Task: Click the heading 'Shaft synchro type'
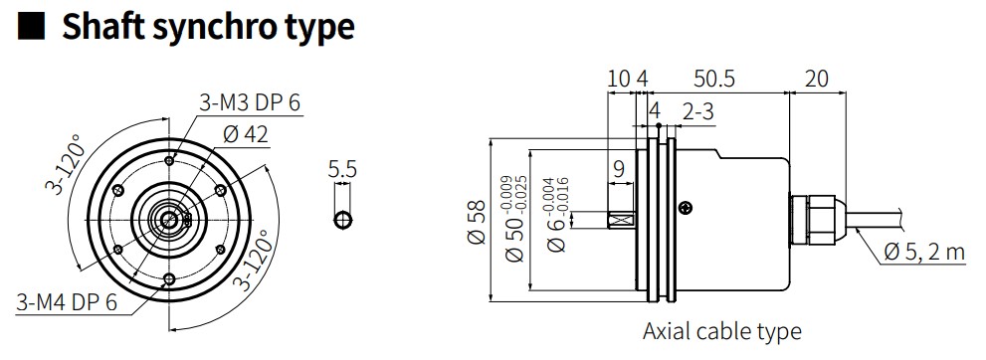tap(208, 27)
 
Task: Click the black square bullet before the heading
tap(31, 28)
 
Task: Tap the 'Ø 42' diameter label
tap(245, 134)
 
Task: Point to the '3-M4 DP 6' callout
tap(68, 302)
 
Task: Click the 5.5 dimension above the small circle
tap(342, 169)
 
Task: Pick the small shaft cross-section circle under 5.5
tap(342, 221)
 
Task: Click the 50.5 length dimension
tap(713, 79)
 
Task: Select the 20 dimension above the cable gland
tap(816, 79)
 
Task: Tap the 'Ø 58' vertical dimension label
tap(478, 222)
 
